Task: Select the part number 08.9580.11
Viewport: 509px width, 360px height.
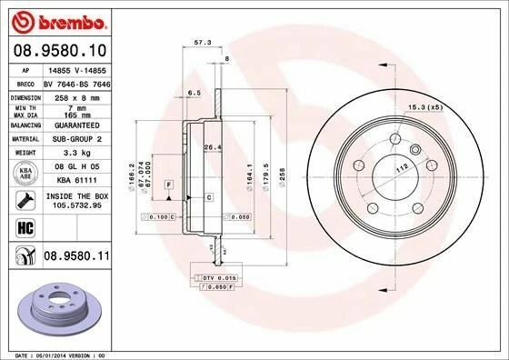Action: pyautogui.click(x=75, y=259)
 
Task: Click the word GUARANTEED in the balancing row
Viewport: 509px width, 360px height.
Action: pyautogui.click(x=72, y=125)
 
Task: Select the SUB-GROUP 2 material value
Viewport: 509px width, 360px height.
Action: pyautogui.click(x=72, y=139)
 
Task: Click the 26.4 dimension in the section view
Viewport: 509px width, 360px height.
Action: pyautogui.click(x=212, y=147)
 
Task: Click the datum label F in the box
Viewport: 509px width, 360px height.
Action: pyautogui.click(x=168, y=185)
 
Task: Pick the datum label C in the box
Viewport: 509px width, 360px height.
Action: pyautogui.click(x=208, y=196)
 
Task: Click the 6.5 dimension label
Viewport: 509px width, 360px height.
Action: pyautogui.click(x=193, y=93)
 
